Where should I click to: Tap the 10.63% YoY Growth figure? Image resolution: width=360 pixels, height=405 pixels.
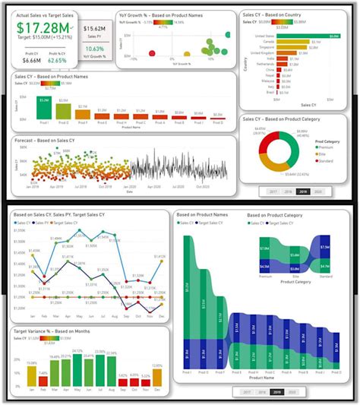pos(95,48)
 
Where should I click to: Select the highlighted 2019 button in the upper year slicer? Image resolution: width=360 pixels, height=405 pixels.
pos(302,192)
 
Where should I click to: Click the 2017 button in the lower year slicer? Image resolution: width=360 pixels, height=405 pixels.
pos(247,392)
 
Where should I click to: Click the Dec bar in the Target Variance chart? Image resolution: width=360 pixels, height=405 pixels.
pos(157,377)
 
